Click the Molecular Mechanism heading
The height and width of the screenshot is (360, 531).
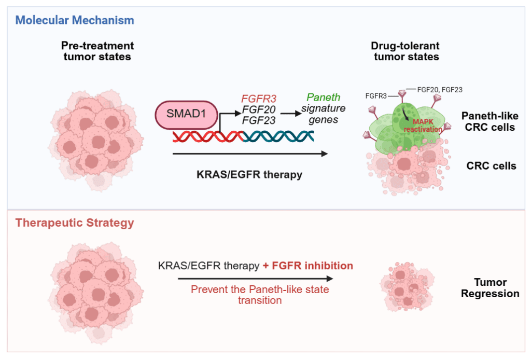point(75,21)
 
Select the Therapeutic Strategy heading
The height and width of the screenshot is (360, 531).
point(75,223)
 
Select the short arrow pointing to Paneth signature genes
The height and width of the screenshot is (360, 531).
point(290,109)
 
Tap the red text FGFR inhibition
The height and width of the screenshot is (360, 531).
point(308,266)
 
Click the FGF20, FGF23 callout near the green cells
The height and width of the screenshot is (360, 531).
point(441,89)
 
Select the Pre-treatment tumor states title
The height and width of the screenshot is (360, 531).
point(97,51)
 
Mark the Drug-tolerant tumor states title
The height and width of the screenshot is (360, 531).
point(407,51)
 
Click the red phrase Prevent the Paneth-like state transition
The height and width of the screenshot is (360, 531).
point(260,295)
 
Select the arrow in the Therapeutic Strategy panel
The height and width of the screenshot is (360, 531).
point(255,279)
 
